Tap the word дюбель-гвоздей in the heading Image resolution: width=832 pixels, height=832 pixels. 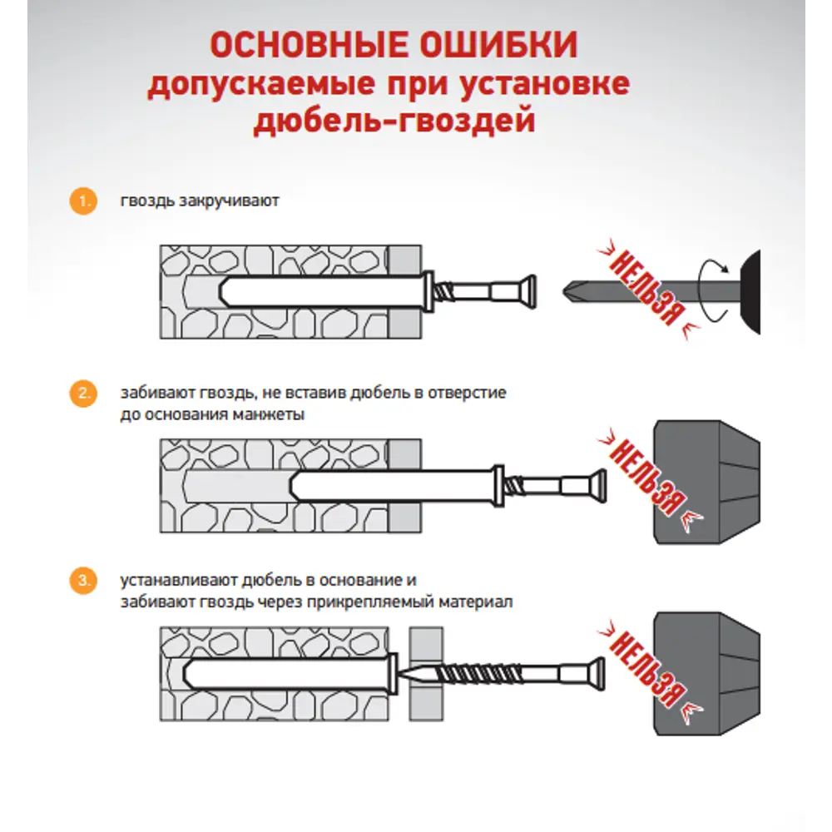pos(392,122)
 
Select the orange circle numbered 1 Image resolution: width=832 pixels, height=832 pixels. pos(81,201)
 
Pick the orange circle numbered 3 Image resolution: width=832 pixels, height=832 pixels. pos(81,582)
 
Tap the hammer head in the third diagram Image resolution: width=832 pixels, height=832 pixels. pos(707,672)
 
